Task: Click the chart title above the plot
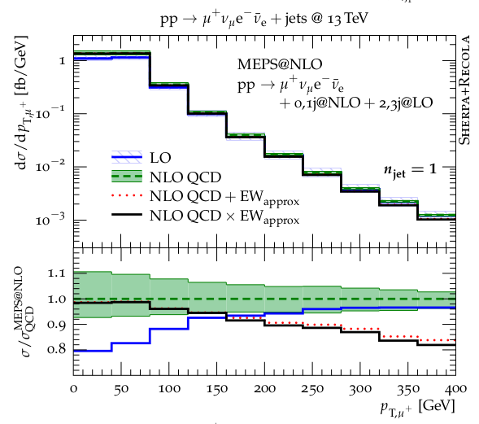coord(264,19)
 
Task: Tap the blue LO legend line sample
coord(127,157)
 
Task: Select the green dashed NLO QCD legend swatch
coord(127,177)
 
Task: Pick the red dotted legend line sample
coord(127,195)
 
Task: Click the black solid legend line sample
coord(127,215)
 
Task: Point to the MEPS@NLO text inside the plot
coord(280,64)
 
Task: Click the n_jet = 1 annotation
coord(410,170)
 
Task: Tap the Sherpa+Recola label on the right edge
coord(464,90)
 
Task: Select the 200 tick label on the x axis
coord(264,389)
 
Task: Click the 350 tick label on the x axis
coord(408,389)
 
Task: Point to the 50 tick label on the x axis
coord(121,389)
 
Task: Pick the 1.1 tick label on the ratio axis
coord(56,273)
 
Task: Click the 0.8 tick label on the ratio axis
coord(56,349)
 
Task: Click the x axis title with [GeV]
coord(417,408)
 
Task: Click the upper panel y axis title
coord(21,103)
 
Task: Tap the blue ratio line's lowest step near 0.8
coord(93,351)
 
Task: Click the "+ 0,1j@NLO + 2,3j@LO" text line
coord(356,103)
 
